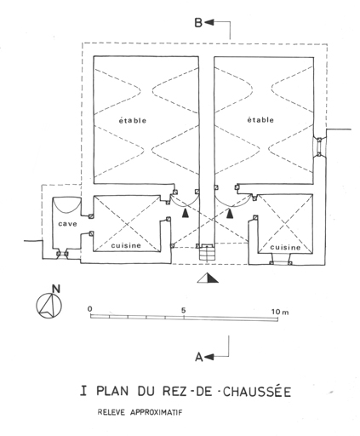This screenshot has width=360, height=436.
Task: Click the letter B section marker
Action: (198, 22)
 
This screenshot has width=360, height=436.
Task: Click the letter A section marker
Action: (199, 357)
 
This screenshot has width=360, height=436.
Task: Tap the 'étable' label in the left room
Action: (133, 120)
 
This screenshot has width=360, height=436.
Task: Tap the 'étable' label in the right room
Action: (260, 120)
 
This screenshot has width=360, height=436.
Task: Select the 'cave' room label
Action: (67, 224)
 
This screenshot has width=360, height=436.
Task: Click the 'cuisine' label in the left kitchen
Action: (126, 245)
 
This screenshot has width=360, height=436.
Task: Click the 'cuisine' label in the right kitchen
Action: (285, 247)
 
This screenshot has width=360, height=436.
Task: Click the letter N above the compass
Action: (56, 289)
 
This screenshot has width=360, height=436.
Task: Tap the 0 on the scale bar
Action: (89, 309)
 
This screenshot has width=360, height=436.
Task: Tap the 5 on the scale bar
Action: (184, 310)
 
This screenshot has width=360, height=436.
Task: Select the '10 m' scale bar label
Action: (280, 312)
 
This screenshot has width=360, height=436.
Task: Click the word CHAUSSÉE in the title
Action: (257, 392)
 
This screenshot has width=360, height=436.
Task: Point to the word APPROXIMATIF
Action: (156, 412)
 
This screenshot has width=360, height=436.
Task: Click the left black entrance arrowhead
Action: (186, 213)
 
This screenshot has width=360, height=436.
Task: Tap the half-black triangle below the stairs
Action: (208, 278)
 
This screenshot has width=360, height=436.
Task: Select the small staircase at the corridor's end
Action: (208, 253)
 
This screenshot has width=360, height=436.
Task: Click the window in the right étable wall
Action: (319, 147)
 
